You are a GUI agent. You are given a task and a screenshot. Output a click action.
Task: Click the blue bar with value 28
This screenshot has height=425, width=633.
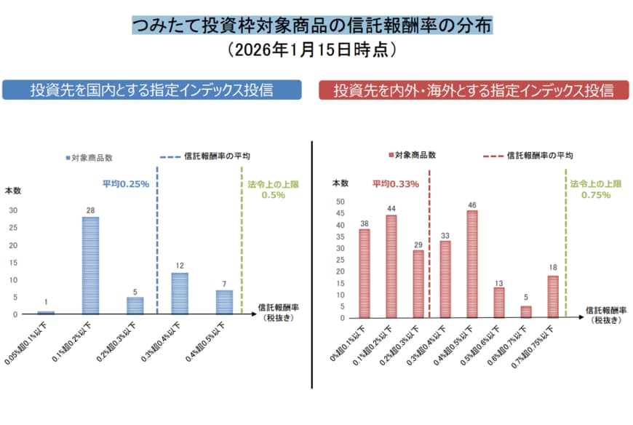pyautogui.click(x=90, y=266)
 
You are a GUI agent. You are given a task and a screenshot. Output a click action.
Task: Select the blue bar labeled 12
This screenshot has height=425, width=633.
pyautogui.click(x=180, y=293)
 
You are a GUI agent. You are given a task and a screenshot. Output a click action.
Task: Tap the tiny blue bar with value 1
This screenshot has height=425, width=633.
pyautogui.click(x=46, y=312)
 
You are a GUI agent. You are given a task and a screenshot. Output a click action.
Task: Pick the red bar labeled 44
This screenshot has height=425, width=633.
pyautogui.click(x=391, y=266)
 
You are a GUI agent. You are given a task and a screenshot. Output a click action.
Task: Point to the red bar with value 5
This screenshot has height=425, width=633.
pyautogui.click(x=526, y=311)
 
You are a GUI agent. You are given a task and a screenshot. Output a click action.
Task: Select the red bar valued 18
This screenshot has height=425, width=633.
pyautogui.click(x=553, y=296)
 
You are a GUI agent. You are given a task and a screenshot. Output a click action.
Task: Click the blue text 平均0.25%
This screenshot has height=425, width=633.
pyautogui.click(x=125, y=184)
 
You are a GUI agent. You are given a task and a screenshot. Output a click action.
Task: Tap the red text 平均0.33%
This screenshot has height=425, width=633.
pyautogui.click(x=396, y=184)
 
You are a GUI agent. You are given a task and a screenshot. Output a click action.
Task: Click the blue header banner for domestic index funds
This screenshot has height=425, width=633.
pyautogui.click(x=151, y=90)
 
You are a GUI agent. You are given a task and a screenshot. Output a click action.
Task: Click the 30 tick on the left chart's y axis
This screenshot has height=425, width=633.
pyautogui.click(x=13, y=210)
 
